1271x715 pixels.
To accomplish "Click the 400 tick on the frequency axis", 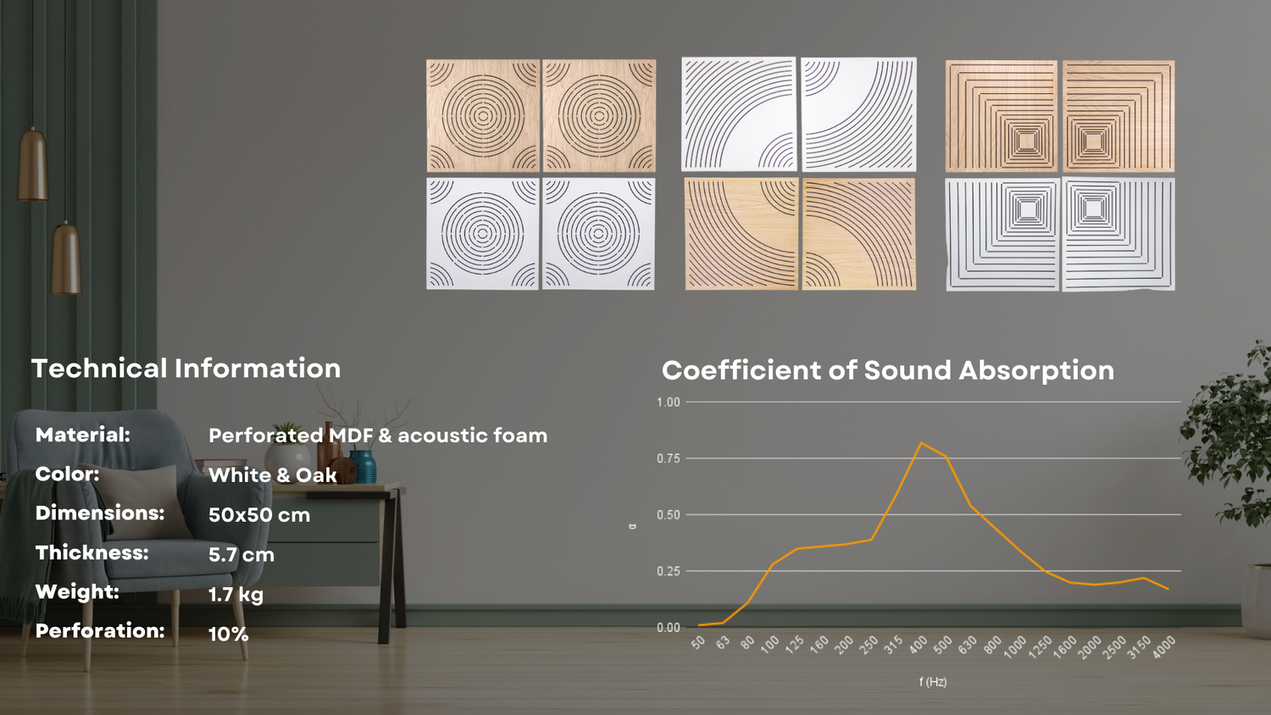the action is tap(918, 645).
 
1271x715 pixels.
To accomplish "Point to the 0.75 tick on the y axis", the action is tap(669, 458).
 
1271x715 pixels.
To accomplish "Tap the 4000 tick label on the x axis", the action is tap(1163, 647).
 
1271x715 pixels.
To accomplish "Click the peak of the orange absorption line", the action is tap(920, 442).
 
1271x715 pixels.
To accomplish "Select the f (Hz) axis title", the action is tap(933, 682).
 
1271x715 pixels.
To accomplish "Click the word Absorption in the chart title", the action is tap(1036, 370).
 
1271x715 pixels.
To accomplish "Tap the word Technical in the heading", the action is tap(99, 369).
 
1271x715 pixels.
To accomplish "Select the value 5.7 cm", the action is tap(241, 554).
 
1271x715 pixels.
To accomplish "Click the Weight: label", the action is tap(77, 592).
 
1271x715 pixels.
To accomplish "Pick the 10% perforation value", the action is tap(228, 634).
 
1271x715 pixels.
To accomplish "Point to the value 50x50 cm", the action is tap(259, 515).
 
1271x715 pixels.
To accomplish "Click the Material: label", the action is tap(83, 435).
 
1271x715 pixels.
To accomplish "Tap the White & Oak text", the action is tap(273, 475).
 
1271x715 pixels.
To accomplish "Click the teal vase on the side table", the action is tap(364, 467).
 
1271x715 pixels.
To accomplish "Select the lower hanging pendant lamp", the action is tap(66, 258).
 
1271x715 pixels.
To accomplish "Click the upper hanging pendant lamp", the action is tap(32, 164).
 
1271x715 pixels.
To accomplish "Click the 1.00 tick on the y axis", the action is tap(669, 402).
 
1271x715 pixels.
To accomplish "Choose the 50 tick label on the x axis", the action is tap(698, 642).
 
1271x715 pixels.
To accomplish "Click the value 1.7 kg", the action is tap(236, 595).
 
